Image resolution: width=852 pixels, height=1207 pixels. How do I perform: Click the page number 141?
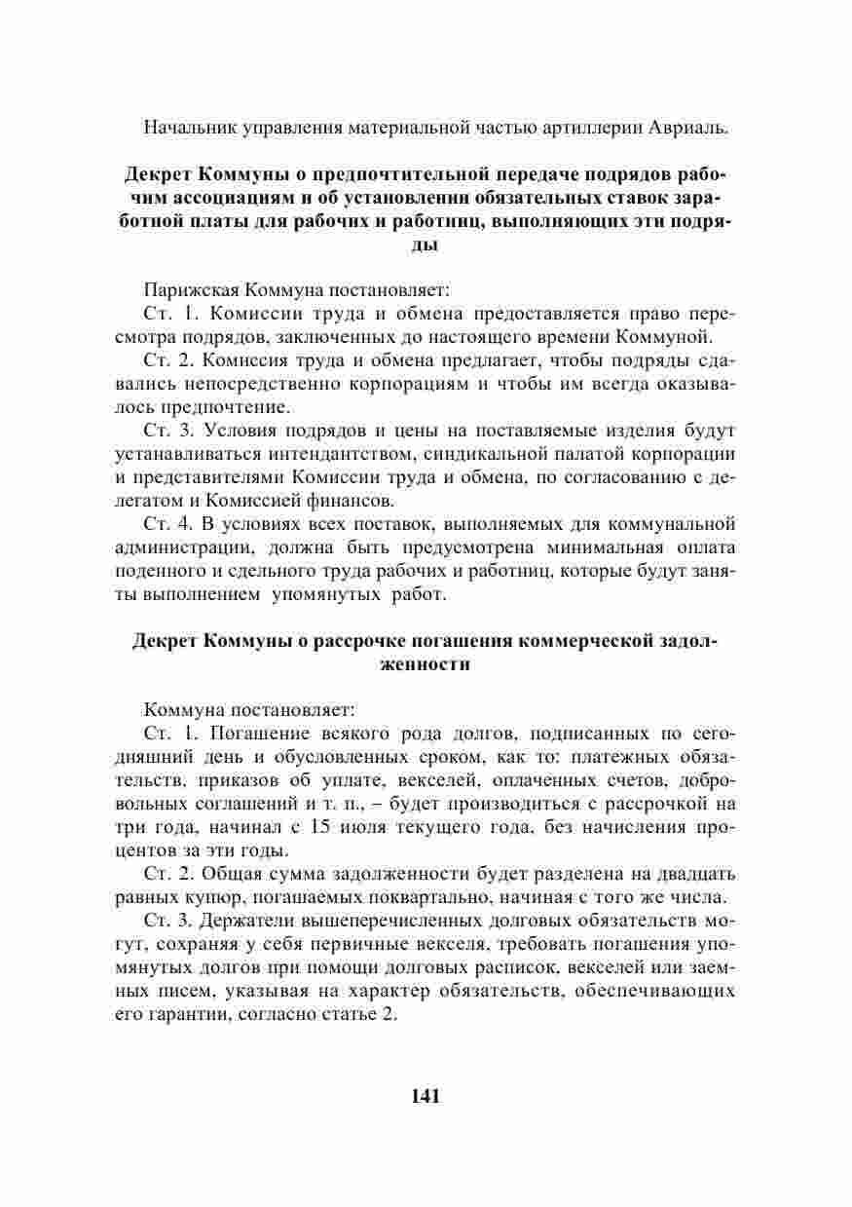(x=426, y=1096)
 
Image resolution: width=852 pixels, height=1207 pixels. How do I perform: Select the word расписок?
(x=545, y=969)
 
